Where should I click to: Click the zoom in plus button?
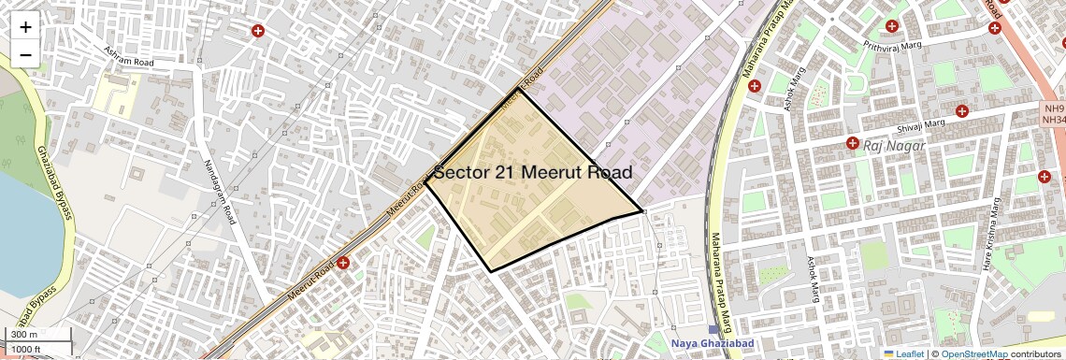25,27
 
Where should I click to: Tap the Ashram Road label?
128,55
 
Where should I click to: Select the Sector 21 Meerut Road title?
533,172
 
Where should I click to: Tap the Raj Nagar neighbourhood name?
894,146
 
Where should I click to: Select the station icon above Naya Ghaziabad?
715,330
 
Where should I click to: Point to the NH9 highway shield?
1053,108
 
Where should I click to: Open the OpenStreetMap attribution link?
973,354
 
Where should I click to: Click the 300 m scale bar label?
23,335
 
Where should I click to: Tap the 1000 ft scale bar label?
26,349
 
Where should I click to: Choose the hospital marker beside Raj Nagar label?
852,143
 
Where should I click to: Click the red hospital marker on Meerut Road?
344,263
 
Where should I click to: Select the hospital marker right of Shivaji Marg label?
962,112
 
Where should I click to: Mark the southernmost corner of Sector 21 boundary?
491,271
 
